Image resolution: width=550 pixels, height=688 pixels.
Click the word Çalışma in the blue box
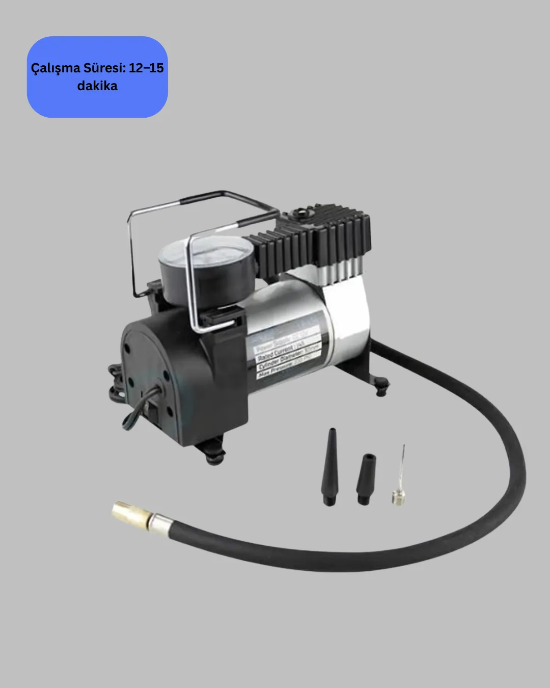[x=54, y=68]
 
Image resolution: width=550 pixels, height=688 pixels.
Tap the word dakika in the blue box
[x=97, y=86]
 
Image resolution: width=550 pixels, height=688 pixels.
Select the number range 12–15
[x=146, y=68]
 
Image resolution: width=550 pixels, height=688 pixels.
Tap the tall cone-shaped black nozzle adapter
[x=329, y=467]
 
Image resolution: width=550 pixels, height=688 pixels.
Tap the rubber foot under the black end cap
[x=216, y=454]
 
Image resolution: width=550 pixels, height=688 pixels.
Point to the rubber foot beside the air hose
[x=380, y=385]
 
